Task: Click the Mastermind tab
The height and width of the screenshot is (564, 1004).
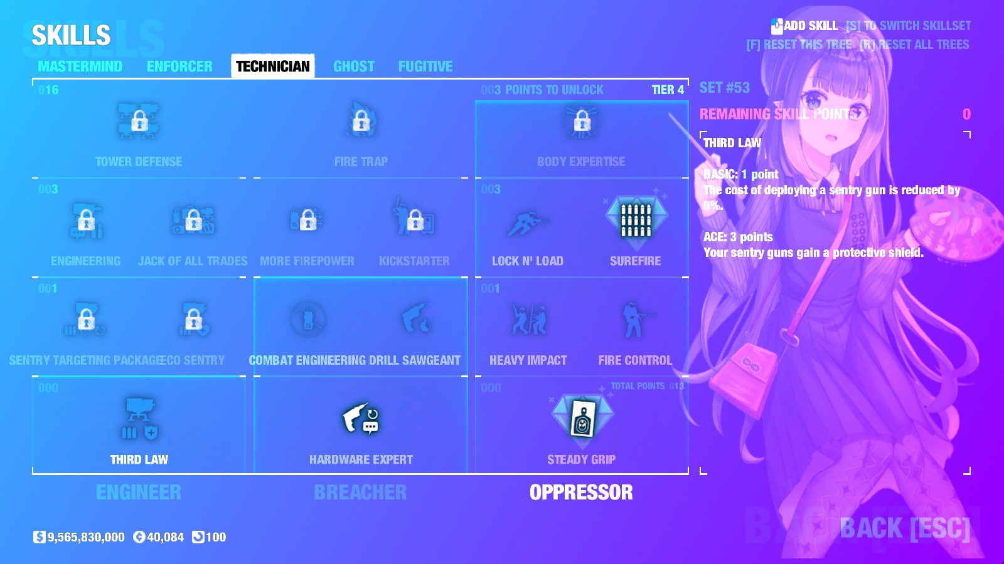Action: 80,66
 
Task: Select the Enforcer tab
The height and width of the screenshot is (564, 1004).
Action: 179,66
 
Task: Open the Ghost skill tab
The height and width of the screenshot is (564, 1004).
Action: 354,66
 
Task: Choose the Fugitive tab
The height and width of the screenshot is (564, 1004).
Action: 425,66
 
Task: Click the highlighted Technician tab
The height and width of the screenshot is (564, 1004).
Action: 273,66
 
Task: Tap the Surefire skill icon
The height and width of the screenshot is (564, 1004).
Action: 636,219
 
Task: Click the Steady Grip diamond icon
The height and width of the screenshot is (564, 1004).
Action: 582,418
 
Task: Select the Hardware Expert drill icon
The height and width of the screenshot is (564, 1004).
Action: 361,419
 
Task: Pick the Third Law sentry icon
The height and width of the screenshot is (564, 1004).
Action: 139,418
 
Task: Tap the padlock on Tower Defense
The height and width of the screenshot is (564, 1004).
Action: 139,121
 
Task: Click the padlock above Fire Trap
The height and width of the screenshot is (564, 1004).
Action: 361,121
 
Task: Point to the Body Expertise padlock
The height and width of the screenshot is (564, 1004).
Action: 582,121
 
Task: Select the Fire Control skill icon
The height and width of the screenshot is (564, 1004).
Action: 635,320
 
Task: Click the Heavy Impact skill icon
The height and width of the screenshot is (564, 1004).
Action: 528,320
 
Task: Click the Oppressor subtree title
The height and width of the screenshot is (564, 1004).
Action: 581,493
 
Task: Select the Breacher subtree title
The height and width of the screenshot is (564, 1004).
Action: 360,493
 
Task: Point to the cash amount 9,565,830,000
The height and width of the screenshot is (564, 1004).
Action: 86,537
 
